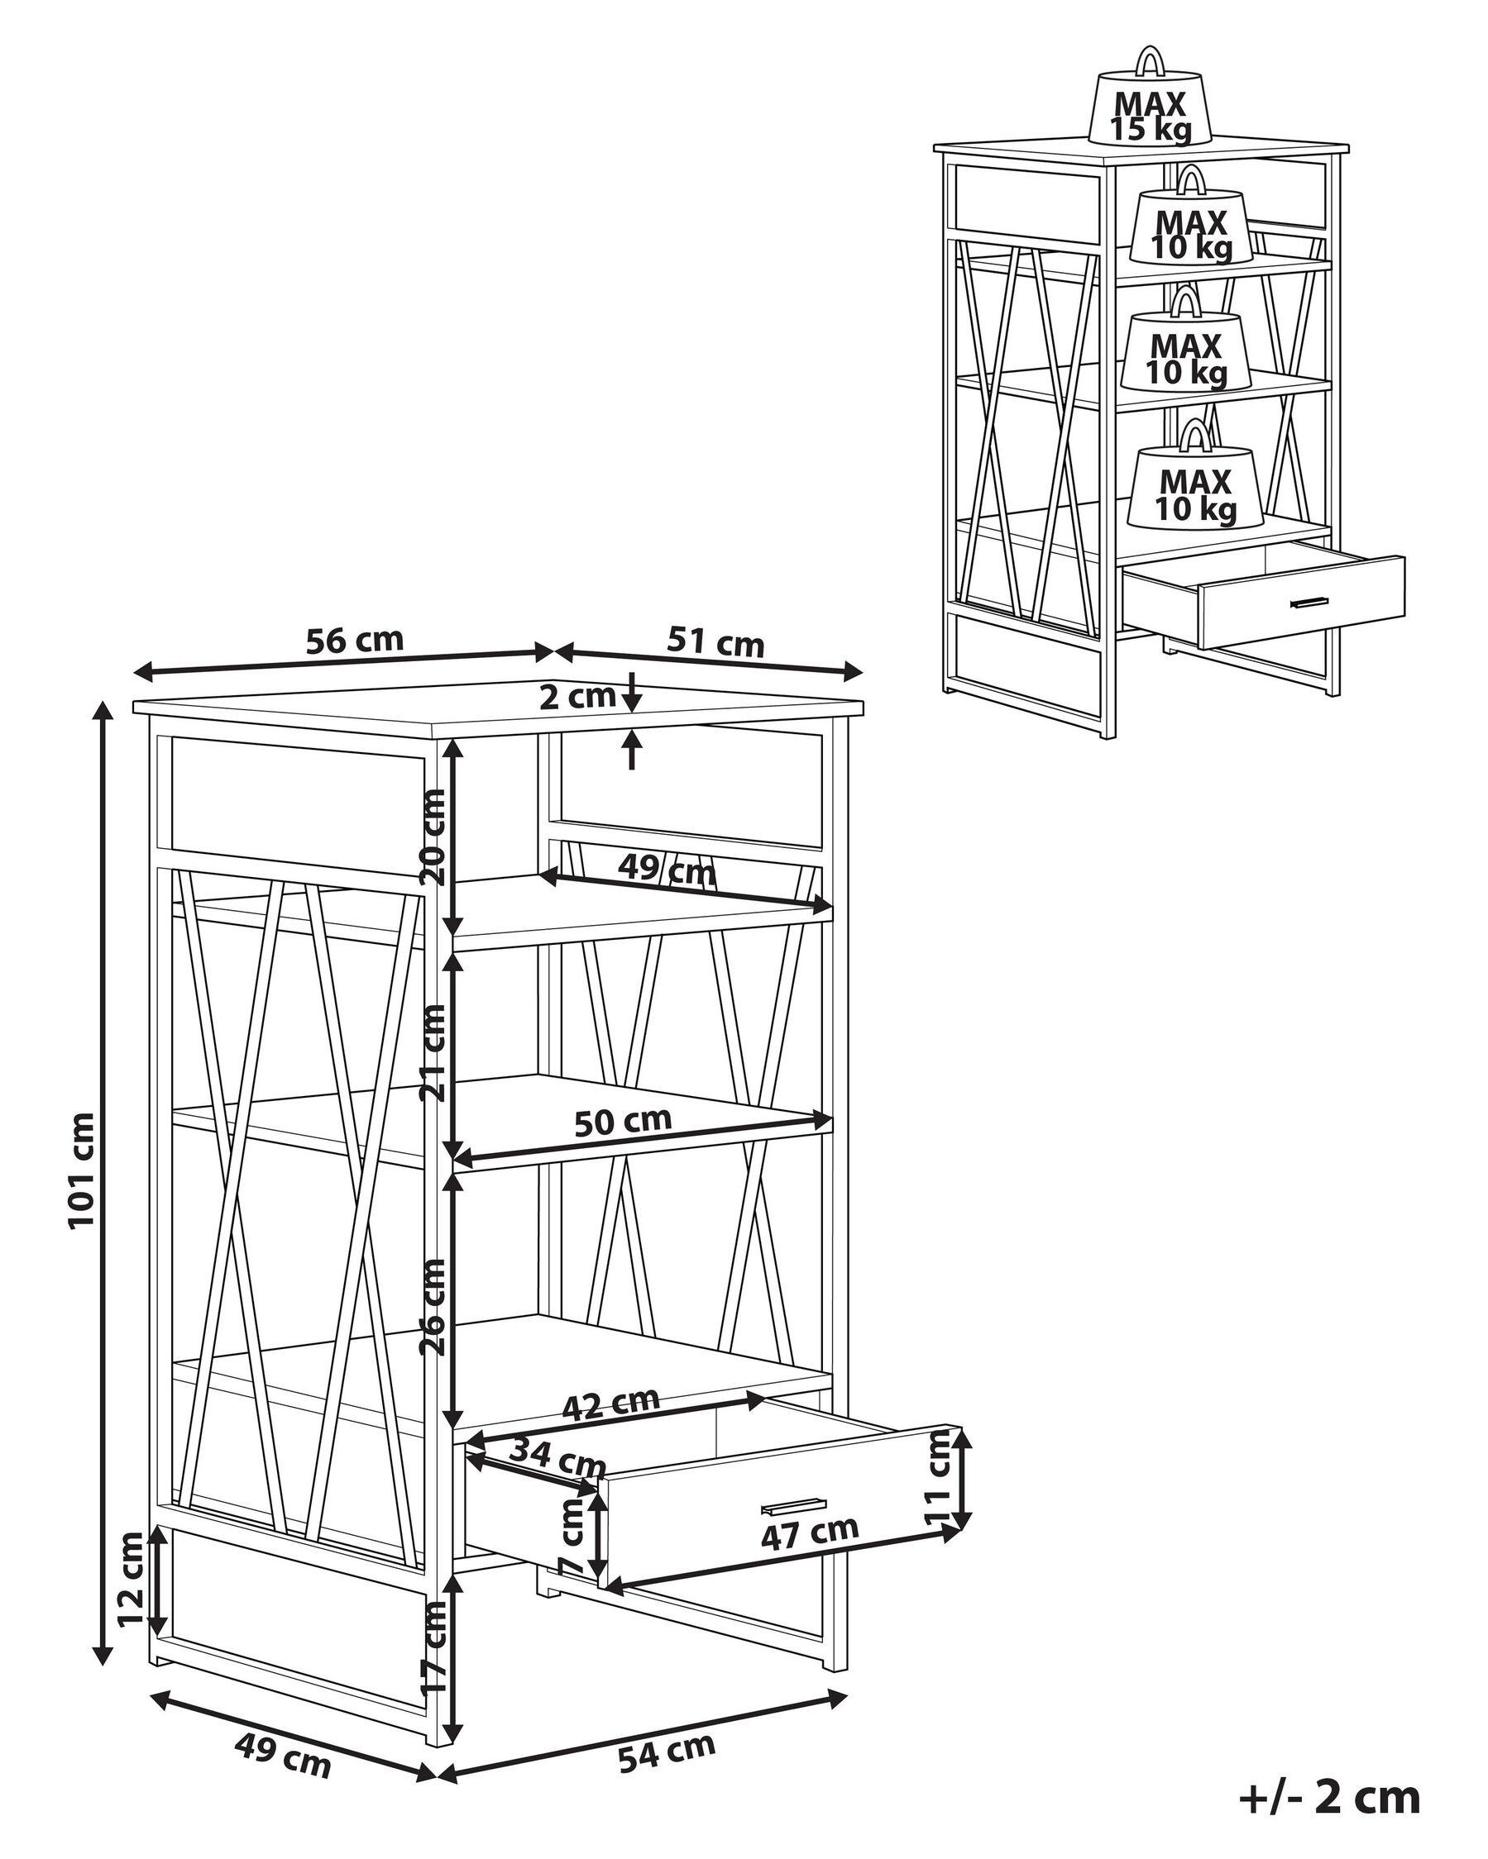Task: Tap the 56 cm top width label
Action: (355, 641)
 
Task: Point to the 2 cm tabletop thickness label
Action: (577, 697)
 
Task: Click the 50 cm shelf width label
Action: (623, 1121)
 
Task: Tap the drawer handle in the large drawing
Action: (792, 1505)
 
